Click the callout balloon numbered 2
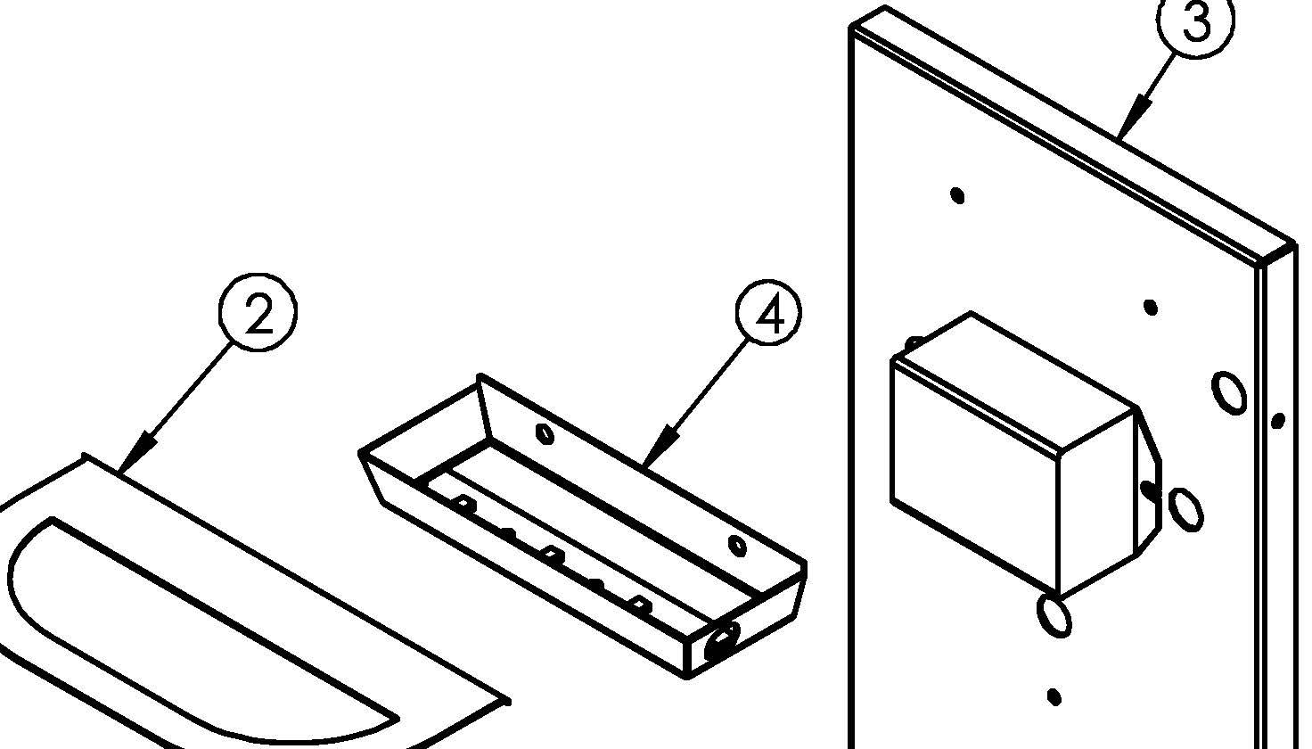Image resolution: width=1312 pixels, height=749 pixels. click(x=258, y=312)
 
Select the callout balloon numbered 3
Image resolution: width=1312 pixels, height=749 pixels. click(x=1195, y=21)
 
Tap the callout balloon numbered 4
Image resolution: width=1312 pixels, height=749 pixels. click(x=768, y=312)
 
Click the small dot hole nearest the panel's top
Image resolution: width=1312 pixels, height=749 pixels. click(x=957, y=195)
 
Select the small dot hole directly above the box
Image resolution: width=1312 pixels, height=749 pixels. click(x=1151, y=307)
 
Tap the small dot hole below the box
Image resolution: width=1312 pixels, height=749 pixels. click(x=1054, y=697)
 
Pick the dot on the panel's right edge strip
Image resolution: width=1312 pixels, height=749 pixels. click(x=1279, y=420)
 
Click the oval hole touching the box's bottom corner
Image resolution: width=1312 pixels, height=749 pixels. click(x=1054, y=614)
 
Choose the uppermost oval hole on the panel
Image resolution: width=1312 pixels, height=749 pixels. click(x=1228, y=392)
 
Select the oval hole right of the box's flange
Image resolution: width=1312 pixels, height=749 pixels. click(x=1186, y=509)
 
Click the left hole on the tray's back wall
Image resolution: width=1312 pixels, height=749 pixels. click(x=545, y=433)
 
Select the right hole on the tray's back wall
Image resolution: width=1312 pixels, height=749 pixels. click(x=737, y=546)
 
